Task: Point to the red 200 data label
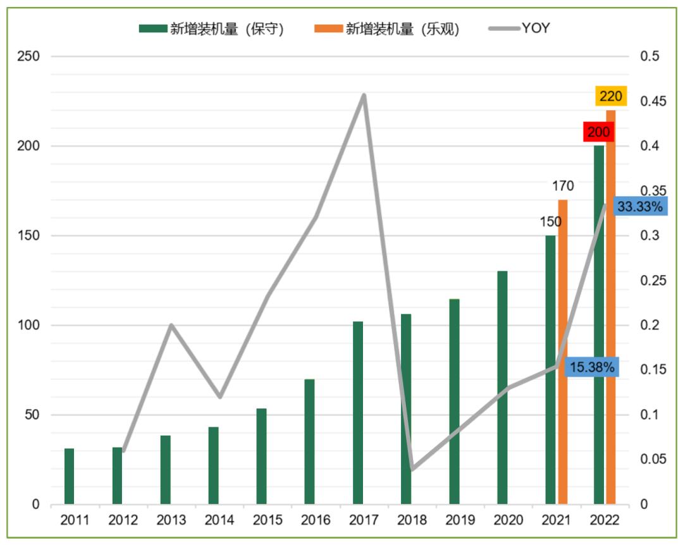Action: tap(598, 133)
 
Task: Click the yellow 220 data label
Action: tap(611, 96)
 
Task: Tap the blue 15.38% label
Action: tap(592, 367)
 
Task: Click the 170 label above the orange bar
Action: tap(563, 186)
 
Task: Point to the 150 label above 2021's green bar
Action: tap(550, 223)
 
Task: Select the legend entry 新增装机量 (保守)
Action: tap(212, 28)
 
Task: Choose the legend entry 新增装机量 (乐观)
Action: tap(387, 28)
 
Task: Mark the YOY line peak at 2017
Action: tap(364, 95)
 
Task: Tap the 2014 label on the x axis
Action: tap(219, 520)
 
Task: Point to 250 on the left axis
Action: tap(28, 56)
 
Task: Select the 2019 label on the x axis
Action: tap(460, 520)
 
